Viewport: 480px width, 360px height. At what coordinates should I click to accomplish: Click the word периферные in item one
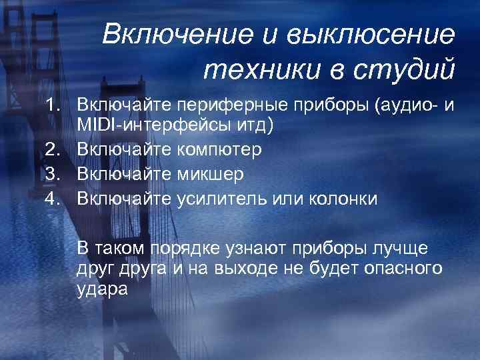coord(226,105)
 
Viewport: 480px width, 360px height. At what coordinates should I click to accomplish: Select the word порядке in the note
coord(183,249)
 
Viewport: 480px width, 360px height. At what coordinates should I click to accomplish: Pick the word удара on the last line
coord(101,290)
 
